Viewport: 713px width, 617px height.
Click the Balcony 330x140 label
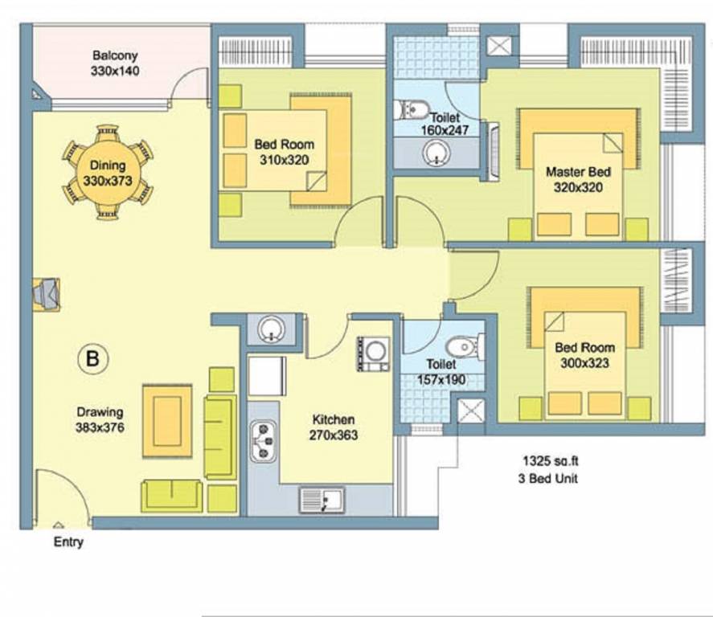(115, 63)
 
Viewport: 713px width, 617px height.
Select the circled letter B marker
(92, 358)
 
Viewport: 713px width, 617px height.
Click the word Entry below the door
(68, 542)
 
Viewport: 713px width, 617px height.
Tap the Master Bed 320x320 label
(578, 179)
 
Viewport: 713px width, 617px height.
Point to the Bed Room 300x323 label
(584, 355)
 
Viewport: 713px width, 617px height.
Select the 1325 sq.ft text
(550, 462)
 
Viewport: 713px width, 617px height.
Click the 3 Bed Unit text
(550, 479)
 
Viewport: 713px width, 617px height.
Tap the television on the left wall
(46, 294)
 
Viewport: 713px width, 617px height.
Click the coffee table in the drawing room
(166, 420)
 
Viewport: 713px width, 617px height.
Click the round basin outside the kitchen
(272, 328)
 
